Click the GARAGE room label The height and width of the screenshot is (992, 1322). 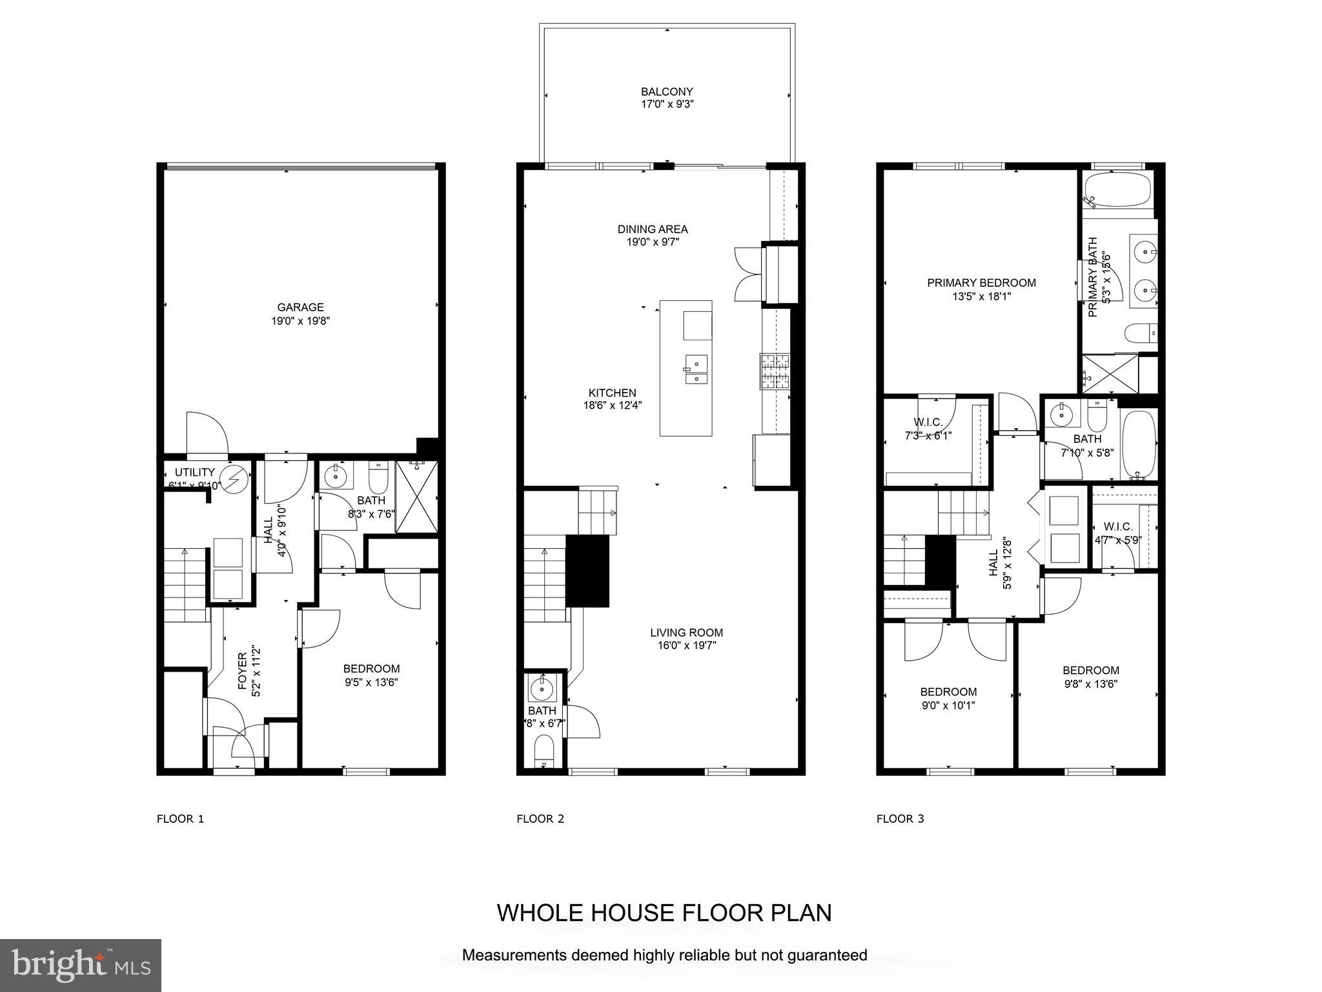pyautogui.click(x=300, y=307)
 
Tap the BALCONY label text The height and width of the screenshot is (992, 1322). pyautogui.click(x=667, y=92)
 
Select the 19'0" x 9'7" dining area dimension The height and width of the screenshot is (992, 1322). pyautogui.click(x=652, y=242)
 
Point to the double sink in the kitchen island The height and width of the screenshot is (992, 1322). pyautogui.click(x=695, y=369)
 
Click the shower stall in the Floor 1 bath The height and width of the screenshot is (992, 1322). pyautogui.click(x=416, y=496)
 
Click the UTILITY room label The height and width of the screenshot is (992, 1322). pyautogui.click(x=194, y=473)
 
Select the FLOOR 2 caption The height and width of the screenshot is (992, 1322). pyautogui.click(x=540, y=819)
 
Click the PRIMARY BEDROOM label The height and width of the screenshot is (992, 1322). pyautogui.click(x=981, y=283)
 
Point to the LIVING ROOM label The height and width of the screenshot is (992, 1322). pyautogui.click(x=686, y=633)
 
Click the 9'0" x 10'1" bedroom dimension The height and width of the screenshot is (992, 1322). pyautogui.click(x=948, y=706)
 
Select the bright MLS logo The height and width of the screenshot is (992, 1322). pyautogui.click(x=80, y=965)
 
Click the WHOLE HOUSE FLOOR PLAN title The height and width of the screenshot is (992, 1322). pyautogui.click(x=664, y=913)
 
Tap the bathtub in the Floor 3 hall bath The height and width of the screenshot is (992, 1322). pyautogui.click(x=1139, y=446)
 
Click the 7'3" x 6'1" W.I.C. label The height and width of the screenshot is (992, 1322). pyautogui.click(x=928, y=436)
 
